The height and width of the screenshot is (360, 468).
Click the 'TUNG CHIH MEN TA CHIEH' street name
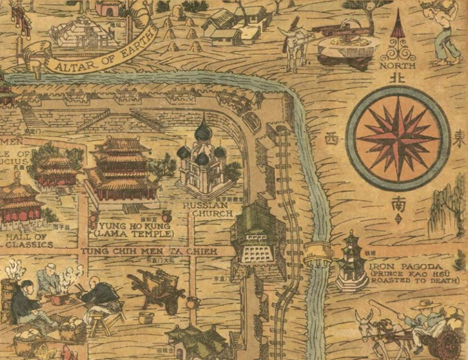click(x=149, y=252)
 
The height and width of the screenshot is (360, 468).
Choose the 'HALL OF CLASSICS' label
click(x=29, y=240)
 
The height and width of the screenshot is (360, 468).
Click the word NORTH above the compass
click(x=397, y=66)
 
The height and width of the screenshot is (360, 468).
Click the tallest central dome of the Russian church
click(x=203, y=131)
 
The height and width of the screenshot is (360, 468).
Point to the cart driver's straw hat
click(x=426, y=305)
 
